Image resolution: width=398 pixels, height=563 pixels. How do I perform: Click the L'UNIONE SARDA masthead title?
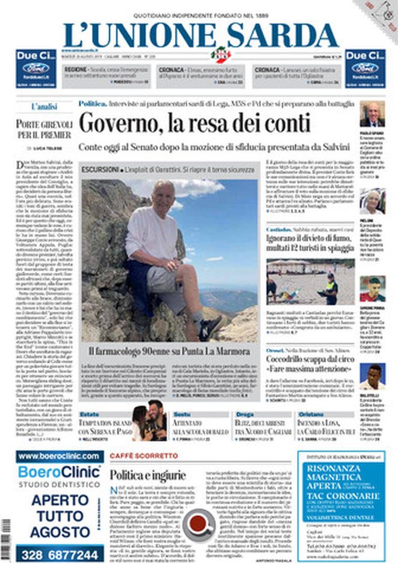(x=198, y=35)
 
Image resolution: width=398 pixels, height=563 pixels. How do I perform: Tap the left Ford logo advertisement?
(x=36, y=68)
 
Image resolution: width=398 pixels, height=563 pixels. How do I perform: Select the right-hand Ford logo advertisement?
(x=366, y=68)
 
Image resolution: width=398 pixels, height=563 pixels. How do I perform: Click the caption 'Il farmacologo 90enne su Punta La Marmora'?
(x=170, y=350)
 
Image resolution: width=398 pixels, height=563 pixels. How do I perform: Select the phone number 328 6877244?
(x=57, y=554)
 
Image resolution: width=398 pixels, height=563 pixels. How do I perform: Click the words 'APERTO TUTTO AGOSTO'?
(x=57, y=516)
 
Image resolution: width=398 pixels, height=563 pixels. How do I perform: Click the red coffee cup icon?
(x=199, y=520)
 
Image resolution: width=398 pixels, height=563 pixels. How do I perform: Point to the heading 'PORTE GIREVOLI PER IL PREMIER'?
(x=44, y=129)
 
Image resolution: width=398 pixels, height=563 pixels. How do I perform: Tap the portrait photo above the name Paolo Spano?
(x=372, y=114)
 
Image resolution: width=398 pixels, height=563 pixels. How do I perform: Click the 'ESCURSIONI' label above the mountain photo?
(x=99, y=170)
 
